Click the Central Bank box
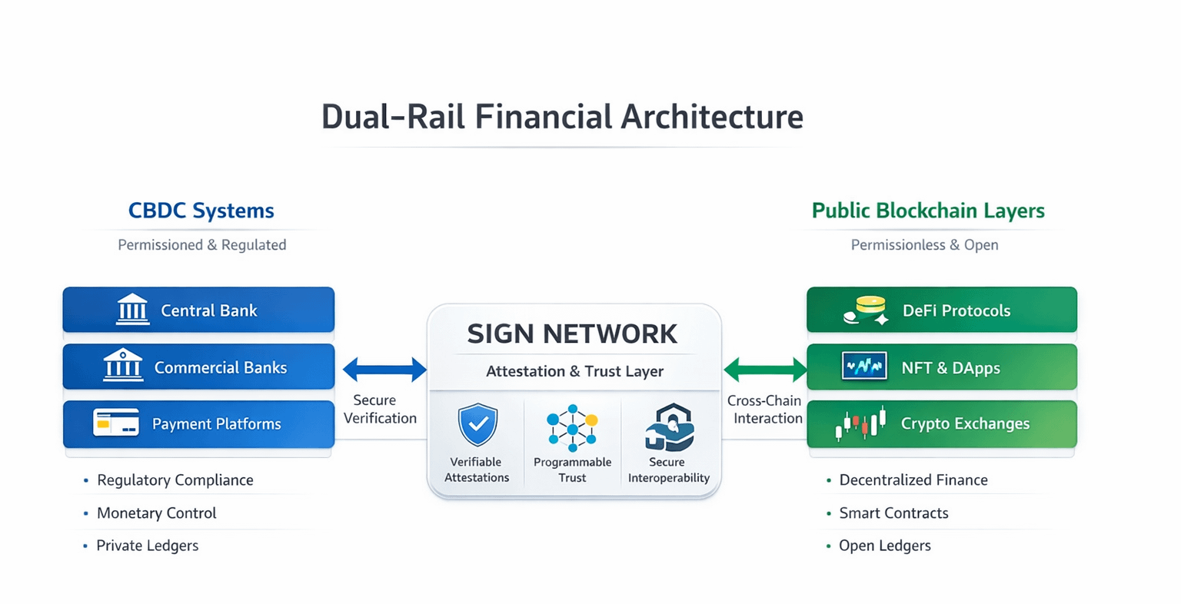click(198, 310)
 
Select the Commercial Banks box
click(198, 367)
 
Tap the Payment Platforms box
click(198, 424)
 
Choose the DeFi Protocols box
click(941, 310)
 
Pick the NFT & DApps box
click(941, 367)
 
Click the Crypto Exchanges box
click(941, 424)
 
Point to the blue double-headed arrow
click(384, 370)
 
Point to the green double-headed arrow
click(765, 370)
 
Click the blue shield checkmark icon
click(477, 424)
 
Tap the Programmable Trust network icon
click(572, 427)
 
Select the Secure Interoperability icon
click(669, 426)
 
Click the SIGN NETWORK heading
click(573, 334)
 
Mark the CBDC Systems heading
click(201, 211)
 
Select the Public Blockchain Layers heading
click(928, 211)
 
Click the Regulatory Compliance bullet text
click(175, 480)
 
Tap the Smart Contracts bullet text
click(893, 513)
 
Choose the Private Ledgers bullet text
click(147, 546)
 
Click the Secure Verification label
click(380, 410)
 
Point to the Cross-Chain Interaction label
click(765, 410)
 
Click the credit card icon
click(116, 423)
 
